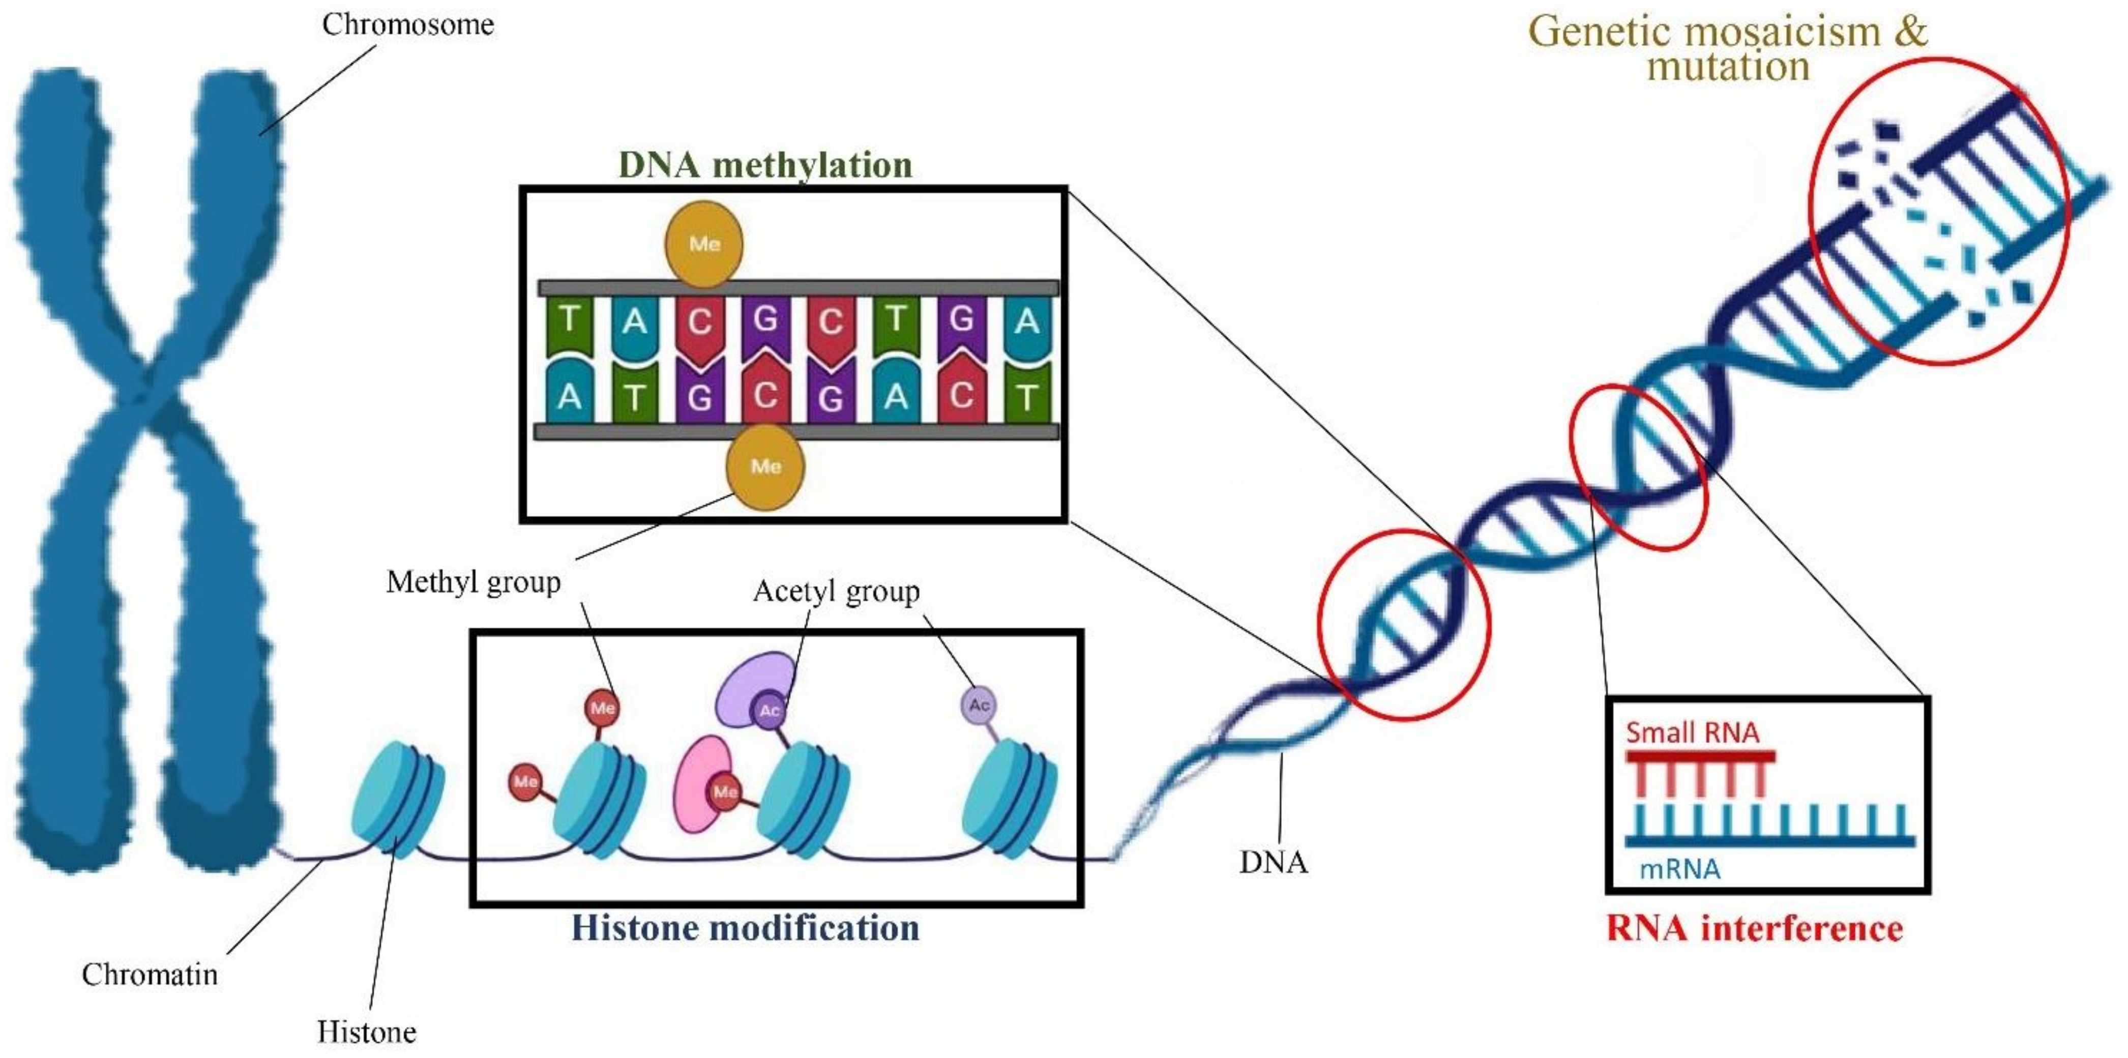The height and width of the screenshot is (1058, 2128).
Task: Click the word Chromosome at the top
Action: (x=408, y=25)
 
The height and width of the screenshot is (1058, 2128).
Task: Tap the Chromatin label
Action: (x=150, y=975)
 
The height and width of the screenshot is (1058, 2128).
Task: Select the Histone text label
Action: (x=367, y=1032)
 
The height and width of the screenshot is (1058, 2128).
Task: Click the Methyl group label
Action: (x=474, y=582)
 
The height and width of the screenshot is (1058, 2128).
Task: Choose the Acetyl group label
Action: (x=836, y=592)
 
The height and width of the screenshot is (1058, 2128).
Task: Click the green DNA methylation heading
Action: (x=765, y=165)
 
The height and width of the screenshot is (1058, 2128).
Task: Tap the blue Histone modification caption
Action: (x=745, y=927)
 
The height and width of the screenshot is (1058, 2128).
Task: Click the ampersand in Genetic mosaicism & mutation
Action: (x=1910, y=32)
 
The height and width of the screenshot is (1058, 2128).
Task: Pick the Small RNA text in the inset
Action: (x=1692, y=732)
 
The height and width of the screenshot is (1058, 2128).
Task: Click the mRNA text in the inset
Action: (x=1679, y=869)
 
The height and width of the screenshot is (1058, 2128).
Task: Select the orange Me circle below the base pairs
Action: (x=765, y=466)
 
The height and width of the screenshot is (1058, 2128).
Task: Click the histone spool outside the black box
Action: (x=398, y=800)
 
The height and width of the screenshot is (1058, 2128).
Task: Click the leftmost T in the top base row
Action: (x=569, y=319)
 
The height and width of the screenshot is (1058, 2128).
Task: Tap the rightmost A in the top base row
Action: (x=1027, y=319)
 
